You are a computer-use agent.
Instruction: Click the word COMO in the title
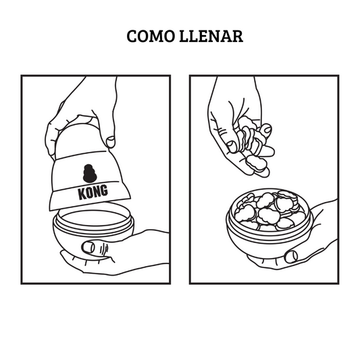pyautogui.click(x=151, y=36)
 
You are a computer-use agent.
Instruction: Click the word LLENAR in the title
pyautogui.click(x=211, y=36)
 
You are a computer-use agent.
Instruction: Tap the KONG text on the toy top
pyautogui.click(x=93, y=192)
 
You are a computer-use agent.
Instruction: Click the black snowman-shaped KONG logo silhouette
pyautogui.click(x=90, y=173)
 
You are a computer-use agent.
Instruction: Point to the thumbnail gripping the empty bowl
pyautogui.click(x=88, y=247)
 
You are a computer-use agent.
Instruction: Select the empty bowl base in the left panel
pyautogui.click(x=93, y=232)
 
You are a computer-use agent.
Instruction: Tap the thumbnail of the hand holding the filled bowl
pyautogui.click(x=291, y=256)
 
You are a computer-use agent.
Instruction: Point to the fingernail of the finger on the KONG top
pyautogui.click(x=111, y=141)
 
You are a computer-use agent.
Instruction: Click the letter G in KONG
pyautogui.click(x=104, y=190)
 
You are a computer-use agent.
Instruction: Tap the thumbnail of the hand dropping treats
pyautogui.click(x=232, y=147)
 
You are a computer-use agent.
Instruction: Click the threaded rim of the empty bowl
pyautogui.click(x=93, y=218)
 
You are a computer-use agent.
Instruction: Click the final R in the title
pyautogui.click(x=237, y=36)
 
